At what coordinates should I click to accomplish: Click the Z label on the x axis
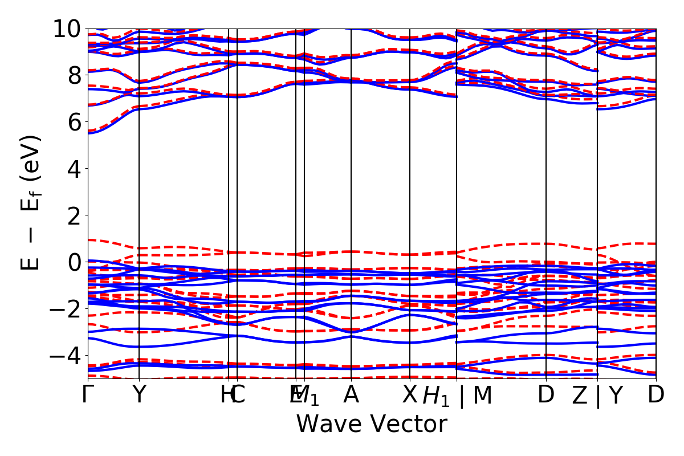[580, 394]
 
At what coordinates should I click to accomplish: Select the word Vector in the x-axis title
[408, 424]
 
